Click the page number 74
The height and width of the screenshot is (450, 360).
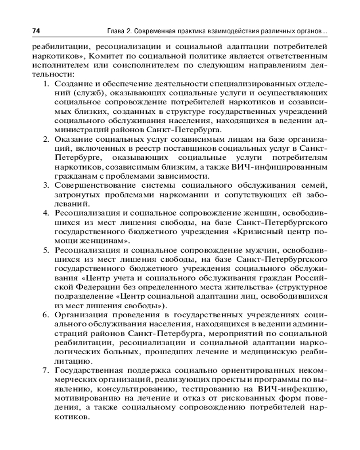pyautogui.click(x=36, y=31)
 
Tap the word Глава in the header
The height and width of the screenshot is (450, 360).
pyautogui.click(x=116, y=31)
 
